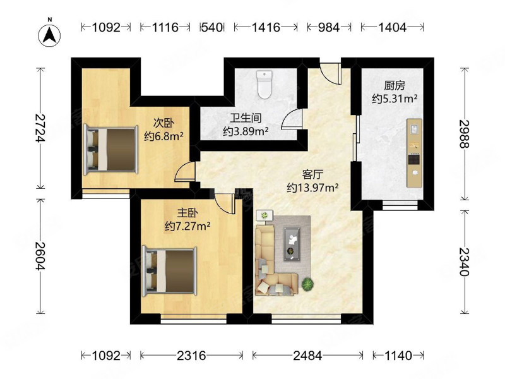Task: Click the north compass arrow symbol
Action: pos(50,35)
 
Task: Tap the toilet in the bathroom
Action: pos(264,85)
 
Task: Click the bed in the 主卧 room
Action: pos(169,271)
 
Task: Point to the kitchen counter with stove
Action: pos(414,153)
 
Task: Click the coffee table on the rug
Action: pos(292,244)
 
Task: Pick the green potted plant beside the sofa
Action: pos(308,284)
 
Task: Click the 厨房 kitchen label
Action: pos(395,86)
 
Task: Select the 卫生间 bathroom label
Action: pos(246,118)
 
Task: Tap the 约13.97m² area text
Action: pos(312,188)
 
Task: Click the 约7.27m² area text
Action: pos(187,226)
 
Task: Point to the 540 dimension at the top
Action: pos(212,27)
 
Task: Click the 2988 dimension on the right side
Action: pos(465,134)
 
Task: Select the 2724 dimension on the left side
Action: pos(40,128)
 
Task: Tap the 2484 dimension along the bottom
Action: pos(307,356)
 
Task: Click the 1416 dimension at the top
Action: pos(266,27)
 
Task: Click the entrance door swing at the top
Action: pos(330,74)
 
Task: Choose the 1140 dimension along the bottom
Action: pos(398,356)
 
